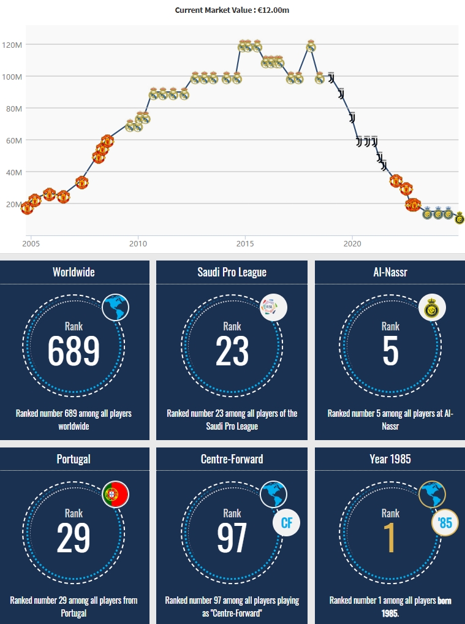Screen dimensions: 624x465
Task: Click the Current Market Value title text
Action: point(232,10)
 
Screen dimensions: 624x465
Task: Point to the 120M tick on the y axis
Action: point(12,45)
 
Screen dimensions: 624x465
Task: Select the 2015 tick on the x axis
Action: point(245,243)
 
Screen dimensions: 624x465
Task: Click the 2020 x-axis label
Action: point(352,243)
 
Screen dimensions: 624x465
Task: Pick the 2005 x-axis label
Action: point(31,243)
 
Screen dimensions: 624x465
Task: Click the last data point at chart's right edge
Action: point(460,218)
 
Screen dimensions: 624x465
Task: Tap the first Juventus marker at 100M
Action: point(331,78)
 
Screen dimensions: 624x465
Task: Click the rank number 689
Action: point(74,351)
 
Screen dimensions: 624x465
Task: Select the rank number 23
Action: point(232,351)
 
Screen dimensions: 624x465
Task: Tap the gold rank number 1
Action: point(390,538)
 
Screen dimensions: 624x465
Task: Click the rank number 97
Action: point(232,538)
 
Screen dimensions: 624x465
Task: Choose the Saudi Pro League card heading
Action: point(232,272)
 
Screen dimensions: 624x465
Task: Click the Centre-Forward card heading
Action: point(232,458)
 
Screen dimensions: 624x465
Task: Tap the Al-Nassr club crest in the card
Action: point(432,308)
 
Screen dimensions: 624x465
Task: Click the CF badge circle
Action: point(286,523)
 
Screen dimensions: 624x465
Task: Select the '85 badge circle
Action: point(445,523)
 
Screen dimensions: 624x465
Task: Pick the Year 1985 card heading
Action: point(390,458)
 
